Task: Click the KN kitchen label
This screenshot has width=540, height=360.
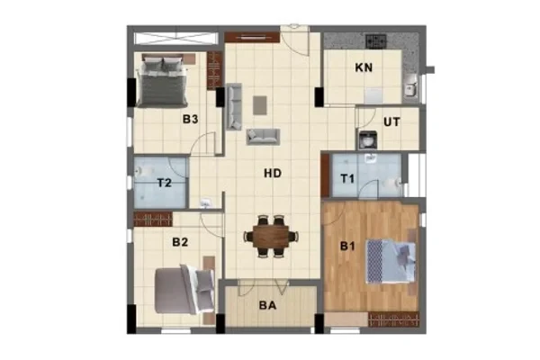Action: [x=364, y=67]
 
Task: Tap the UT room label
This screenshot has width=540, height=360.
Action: [x=391, y=121]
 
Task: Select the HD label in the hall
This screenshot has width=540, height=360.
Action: [x=273, y=173]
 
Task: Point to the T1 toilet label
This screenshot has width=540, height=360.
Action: [x=347, y=179]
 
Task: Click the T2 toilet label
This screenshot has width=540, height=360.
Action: [x=165, y=182]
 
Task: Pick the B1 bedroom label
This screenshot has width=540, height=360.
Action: [x=347, y=247]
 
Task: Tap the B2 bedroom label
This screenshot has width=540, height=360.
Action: [x=180, y=242]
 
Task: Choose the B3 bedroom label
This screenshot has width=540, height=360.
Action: [x=190, y=119]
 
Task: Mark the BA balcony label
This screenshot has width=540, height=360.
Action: [x=268, y=305]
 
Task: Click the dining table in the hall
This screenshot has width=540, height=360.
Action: [x=271, y=237]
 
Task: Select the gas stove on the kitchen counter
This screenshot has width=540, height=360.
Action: [x=376, y=41]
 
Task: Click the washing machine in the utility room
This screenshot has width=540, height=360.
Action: [x=367, y=140]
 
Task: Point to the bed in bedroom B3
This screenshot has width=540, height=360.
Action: [x=162, y=80]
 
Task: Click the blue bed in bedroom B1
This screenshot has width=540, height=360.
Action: [x=391, y=261]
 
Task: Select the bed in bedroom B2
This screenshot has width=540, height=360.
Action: [x=184, y=289]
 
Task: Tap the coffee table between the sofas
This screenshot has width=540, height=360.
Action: [x=260, y=105]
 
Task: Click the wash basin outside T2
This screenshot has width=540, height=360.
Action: [x=206, y=202]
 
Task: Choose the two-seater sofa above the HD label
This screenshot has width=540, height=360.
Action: [x=263, y=137]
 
